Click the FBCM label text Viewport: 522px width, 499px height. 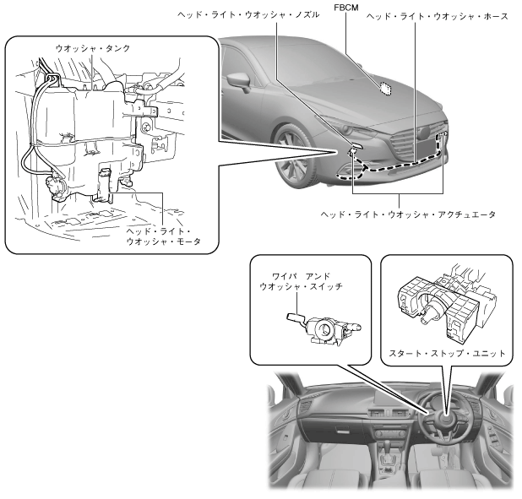pyautogui.click(x=346, y=8)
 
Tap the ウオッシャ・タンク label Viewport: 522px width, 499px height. pyautogui.click(x=93, y=49)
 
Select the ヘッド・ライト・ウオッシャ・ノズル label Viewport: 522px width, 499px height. pyautogui.click(x=248, y=15)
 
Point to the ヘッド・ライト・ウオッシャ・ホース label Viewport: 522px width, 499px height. pyautogui.click(x=438, y=16)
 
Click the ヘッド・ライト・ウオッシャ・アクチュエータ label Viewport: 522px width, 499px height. pyautogui.click(x=408, y=214)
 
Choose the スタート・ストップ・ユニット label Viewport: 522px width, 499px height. pyautogui.click(x=447, y=353)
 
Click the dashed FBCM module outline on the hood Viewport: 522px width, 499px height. pyautogui.click(x=386, y=88)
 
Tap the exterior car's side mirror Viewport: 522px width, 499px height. pyautogui.click(x=239, y=83)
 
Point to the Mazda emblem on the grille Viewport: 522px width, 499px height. pyautogui.click(x=425, y=133)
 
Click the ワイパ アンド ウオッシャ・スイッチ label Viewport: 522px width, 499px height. pyautogui.click(x=301, y=281)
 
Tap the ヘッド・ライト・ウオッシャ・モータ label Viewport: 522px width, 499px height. pyautogui.click(x=164, y=236)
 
